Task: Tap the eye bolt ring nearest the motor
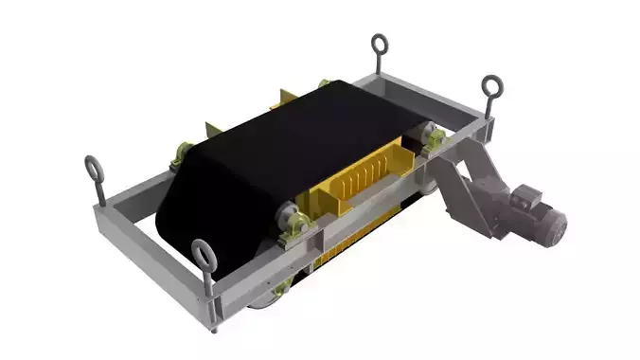tap(492, 87)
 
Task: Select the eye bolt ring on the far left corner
tap(92, 166)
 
